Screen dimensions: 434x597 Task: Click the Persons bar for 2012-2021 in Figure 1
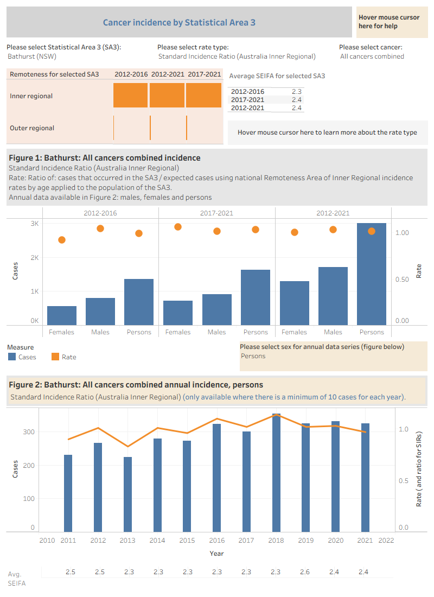coord(372,274)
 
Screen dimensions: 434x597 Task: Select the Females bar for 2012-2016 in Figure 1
coord(62,316)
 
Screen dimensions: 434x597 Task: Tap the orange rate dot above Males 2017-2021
coord(217,231)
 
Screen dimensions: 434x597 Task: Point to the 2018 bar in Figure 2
coord(276,473)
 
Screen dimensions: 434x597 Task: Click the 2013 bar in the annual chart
coord(127,494)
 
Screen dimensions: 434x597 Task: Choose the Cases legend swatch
coord(12,357)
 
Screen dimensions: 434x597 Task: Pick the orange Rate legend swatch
coord(55,357)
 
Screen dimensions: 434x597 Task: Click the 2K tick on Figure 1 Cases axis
coord(35,258)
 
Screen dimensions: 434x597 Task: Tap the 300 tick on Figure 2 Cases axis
coord(29,432)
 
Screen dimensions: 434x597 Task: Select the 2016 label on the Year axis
coord(217,540)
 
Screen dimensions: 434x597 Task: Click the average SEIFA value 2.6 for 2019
coord(304,572)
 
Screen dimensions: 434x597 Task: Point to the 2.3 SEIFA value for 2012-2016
coord(297,92)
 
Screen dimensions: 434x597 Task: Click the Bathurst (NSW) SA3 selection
coord(32,56)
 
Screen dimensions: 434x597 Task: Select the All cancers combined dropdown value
coord(372,56)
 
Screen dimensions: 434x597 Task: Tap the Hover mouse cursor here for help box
coord(392,22)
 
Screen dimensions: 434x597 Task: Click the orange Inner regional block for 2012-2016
coord(130,95)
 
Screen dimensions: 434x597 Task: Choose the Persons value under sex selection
coord(253,356)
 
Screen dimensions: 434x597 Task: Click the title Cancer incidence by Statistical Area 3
coord(179,22)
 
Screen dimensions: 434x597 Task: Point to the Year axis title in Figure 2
coord(216,553)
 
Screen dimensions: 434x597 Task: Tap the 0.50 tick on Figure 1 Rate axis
coord(402,280)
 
